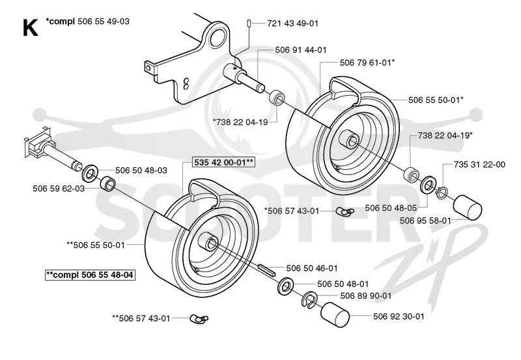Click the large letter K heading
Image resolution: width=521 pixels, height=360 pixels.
point(30,27)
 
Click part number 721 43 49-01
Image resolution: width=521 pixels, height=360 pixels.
point(292,23)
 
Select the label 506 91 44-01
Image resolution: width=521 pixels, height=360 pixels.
point(301,50)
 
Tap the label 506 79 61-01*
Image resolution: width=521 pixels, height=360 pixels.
point(367,62)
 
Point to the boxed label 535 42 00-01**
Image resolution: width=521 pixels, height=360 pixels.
point(224,162)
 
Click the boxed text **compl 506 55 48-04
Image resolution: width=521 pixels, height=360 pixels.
point(90,275)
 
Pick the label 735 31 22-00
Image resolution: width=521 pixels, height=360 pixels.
point(479,165)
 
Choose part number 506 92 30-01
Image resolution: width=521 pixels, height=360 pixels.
point(399,316)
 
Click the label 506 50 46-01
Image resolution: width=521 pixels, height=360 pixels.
point(312,268)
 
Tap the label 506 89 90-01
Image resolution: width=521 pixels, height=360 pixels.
point(366,296)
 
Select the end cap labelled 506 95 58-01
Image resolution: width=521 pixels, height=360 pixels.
point(467,207)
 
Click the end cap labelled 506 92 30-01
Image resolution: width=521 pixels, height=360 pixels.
point(335,314)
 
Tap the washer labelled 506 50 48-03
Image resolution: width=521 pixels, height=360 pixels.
point(89,173)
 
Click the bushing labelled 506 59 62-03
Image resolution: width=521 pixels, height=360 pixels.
point(108,184)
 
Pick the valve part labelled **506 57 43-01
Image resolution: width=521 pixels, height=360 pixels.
point(199,319)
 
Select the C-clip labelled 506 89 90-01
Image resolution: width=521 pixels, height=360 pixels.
point(309,300)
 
